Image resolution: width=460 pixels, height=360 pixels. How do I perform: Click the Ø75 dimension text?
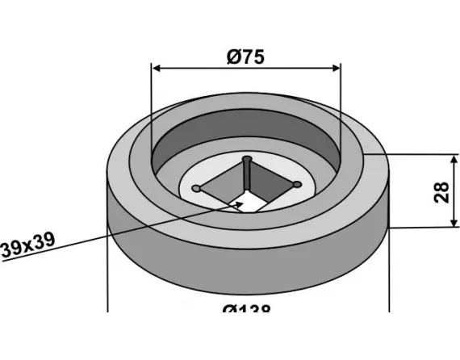point(246,57)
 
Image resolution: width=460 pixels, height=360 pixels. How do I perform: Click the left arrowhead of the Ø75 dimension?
point(157,68)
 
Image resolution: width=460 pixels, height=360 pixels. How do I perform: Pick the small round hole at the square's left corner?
point(196,189)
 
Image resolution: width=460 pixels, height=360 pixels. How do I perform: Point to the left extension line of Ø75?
point(152,105)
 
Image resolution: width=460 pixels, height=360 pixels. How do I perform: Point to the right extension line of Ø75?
point(341,105)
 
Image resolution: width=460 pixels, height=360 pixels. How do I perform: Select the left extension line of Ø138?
point(107,274)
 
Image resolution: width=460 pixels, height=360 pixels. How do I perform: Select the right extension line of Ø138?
point(389,274)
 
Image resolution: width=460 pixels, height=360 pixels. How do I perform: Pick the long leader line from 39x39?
point(121,231)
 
